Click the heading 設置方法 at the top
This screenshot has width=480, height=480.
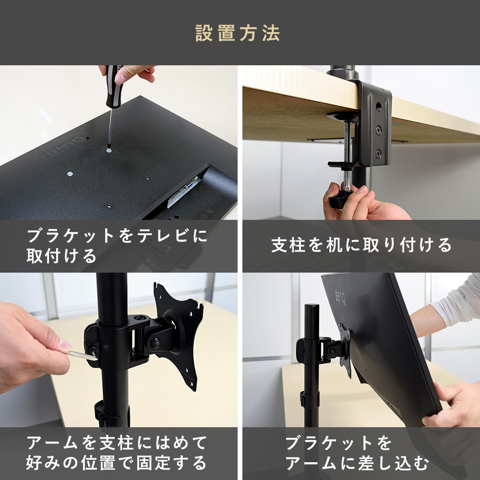[238, 33]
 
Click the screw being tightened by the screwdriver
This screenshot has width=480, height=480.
[108, 150]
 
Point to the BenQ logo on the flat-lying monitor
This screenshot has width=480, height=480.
[63, 147]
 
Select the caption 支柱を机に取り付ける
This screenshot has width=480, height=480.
[361, 245]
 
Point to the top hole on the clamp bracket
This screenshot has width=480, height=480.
[378, 107]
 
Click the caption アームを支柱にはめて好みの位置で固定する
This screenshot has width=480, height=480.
[116, 453]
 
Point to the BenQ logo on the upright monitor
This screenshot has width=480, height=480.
[340, 297]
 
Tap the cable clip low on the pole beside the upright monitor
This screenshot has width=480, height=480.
[309, 398]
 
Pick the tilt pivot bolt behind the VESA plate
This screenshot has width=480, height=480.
[156, 343]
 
